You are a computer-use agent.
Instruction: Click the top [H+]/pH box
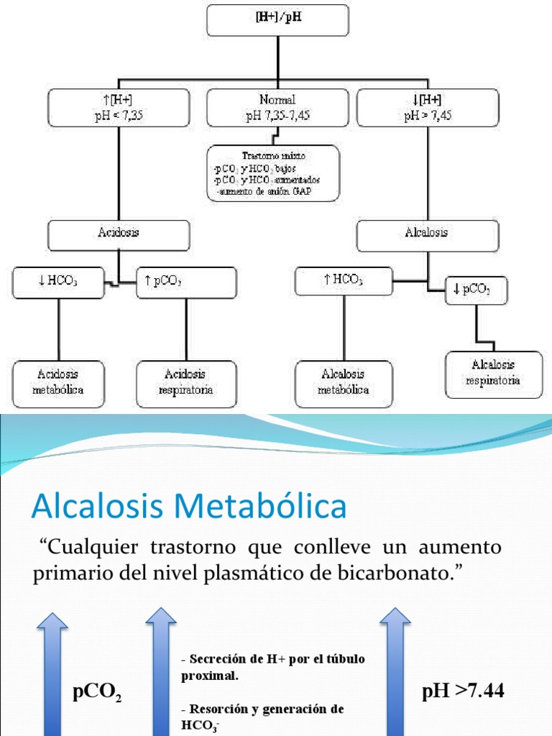click(277, 19)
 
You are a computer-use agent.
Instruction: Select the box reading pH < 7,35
click(119, 108)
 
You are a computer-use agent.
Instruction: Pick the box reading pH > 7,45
click(428, 108)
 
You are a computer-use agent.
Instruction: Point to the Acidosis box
click(119, 235)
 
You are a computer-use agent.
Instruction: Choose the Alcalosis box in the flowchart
click(428, 235)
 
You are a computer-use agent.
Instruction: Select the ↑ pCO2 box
click(187, 282)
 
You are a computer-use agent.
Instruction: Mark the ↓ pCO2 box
click(477, 290)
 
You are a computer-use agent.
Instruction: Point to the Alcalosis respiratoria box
click(493, 374)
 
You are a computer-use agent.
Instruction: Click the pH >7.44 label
click(463, 691)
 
